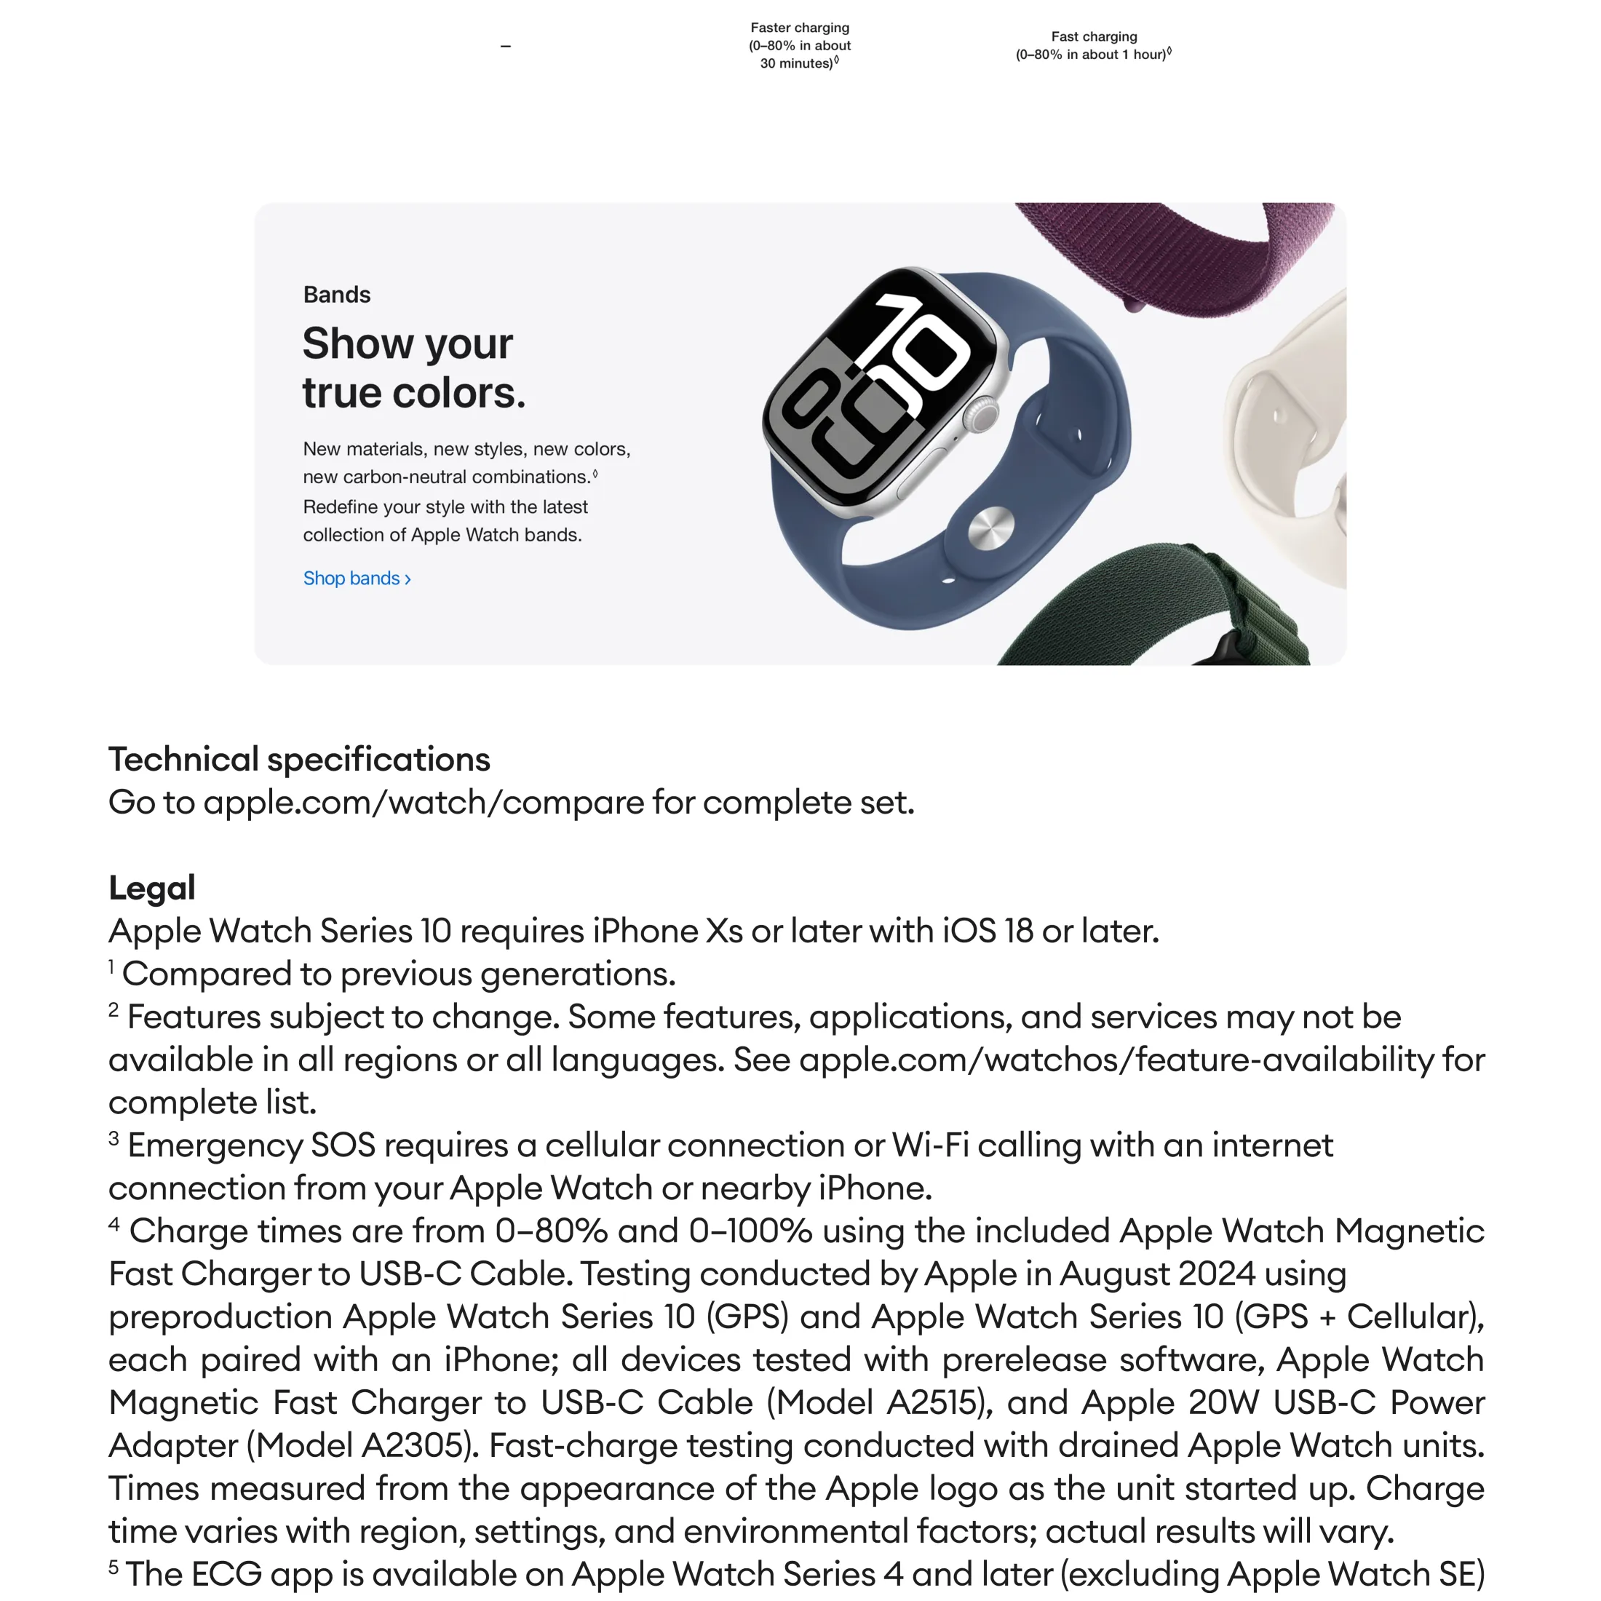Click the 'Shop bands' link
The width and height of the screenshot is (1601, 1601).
[x=357, y=579]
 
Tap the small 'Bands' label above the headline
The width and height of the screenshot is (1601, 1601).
[x=336, y=295]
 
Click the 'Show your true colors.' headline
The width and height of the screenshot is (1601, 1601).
[x=413, y=368]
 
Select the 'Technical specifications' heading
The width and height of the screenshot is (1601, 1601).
[x=299, y=759]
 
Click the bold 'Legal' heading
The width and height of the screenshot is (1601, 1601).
[x=151, y=888]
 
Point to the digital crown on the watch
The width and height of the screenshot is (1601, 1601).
[x=985, y=414]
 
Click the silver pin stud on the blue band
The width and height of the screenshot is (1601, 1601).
[x=991, y=528]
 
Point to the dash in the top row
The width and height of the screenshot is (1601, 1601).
[x=506, y=47]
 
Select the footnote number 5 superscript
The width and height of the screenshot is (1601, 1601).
[x=114, y=1567]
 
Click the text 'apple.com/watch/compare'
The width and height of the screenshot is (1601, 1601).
[x=424, y=802]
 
